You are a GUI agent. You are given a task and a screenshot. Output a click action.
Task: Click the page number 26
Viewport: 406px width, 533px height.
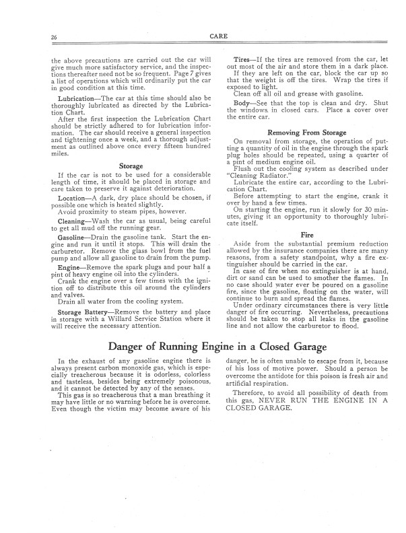click(x=53, y=36)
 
